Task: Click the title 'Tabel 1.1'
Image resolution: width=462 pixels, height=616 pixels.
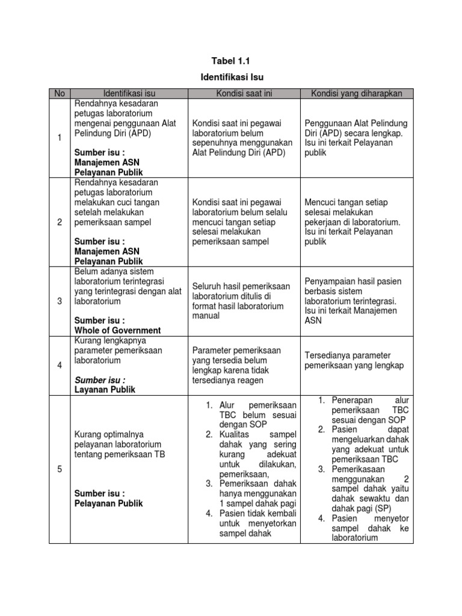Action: [x=231, y=61]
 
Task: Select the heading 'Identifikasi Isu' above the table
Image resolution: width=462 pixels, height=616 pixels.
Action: [x=231, y=78]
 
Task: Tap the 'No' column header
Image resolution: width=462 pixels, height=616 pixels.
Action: [x=59, y=93]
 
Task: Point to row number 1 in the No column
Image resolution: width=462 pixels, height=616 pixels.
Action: [x=59, y=138]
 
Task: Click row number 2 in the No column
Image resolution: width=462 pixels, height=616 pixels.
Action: [x=59, y=222]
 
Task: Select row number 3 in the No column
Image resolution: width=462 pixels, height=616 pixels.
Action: [x=59, y=301]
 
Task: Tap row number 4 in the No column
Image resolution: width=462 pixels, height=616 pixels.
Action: [x=59, y=365]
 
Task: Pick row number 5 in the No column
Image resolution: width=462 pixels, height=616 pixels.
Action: [x=59, y=469]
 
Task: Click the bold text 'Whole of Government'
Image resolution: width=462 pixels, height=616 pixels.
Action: [x=117, y=330]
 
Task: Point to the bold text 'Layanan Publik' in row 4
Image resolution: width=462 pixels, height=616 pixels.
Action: [x=105, y=389]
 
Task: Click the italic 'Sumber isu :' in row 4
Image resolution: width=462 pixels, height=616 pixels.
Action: [x=100, y=380]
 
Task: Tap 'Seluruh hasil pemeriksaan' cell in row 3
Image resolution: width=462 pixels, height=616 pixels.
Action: [x=241, y=301]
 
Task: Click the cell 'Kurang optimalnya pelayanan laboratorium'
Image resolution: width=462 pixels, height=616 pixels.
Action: [x=120, y=444]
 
